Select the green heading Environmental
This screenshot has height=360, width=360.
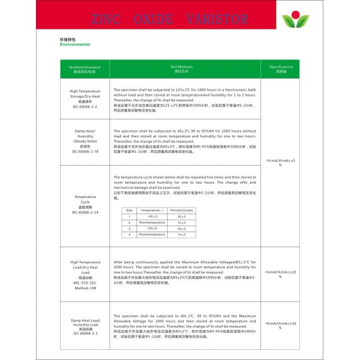75,44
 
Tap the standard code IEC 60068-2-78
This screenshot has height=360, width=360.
85,151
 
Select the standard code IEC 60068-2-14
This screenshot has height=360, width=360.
85,212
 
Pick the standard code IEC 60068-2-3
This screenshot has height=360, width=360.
85,333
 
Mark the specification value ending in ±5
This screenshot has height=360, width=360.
280,161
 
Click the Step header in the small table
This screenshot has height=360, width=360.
129,210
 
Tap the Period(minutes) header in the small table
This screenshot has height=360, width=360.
181,210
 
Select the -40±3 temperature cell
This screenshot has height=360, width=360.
152,216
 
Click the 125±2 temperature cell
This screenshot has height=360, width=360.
152,228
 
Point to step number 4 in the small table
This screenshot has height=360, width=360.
129,235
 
